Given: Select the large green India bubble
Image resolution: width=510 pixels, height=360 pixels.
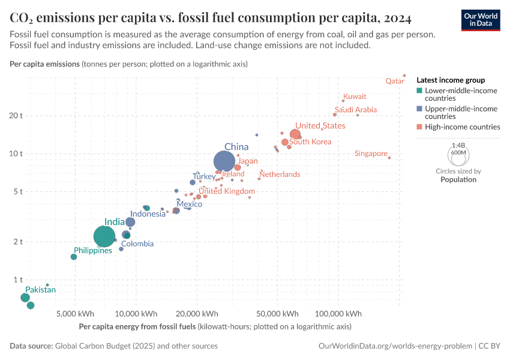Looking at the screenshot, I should tap(104, 236).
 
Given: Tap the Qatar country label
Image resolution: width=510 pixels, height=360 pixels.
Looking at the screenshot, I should tap(394, 81).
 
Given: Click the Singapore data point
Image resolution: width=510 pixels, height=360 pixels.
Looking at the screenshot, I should tap(389, 158).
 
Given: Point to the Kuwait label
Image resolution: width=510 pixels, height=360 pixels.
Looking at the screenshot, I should tap(355, 96).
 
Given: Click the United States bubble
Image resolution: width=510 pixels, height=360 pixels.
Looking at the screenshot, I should tap(295, 135).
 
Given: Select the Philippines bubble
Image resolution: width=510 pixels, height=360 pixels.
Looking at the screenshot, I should tap(74, 257).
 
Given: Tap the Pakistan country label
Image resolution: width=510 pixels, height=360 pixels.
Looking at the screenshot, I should tap(40, 290).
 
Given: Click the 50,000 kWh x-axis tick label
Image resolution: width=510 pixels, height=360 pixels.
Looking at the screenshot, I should tap(278, 314).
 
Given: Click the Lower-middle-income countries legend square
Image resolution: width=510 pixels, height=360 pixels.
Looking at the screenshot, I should tap(420, 91).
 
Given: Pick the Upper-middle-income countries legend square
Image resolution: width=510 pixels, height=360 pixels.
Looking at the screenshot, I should tap(420, 109).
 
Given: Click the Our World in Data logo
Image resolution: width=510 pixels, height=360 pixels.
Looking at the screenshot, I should tap(480, 20).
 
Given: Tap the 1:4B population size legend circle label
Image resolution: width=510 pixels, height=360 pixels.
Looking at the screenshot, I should tap(458, 145).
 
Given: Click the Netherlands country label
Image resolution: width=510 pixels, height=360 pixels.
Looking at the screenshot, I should tap(280, 175).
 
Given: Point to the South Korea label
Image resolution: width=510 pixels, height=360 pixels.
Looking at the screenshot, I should tap(310, 142).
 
